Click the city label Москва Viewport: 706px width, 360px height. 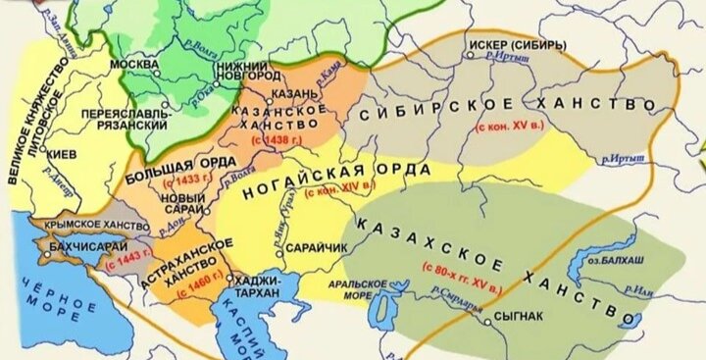click(135, 64)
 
